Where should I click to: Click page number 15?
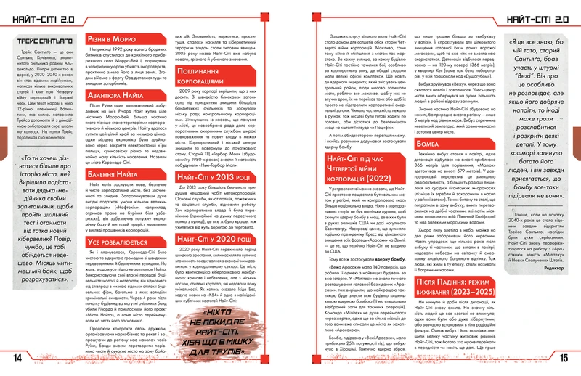tap(564, 358)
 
